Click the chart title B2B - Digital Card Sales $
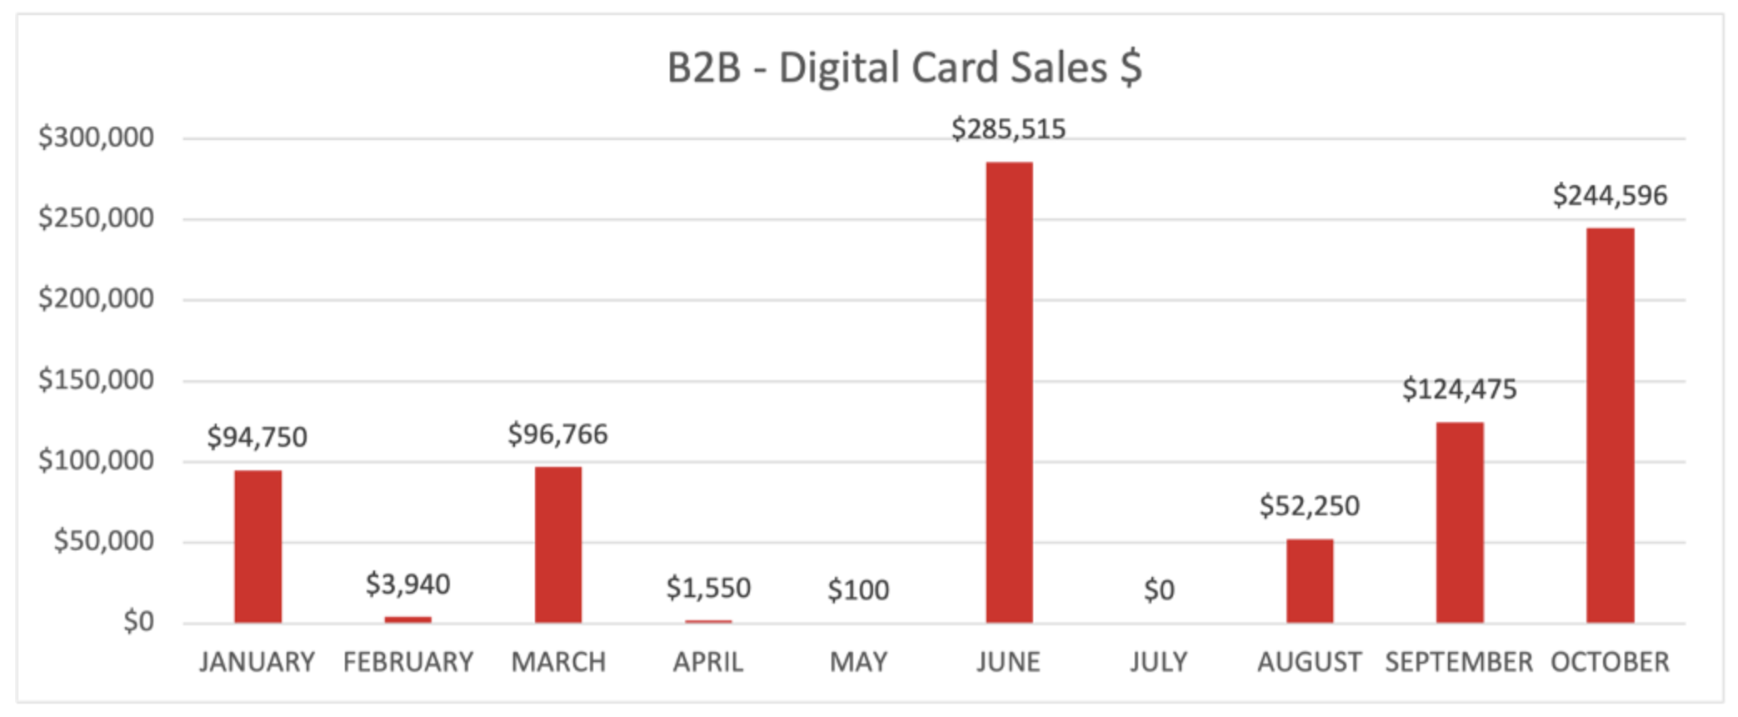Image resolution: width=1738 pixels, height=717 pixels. click(x=904, y=68)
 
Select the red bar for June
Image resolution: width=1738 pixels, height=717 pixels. click(x=1009, y=392)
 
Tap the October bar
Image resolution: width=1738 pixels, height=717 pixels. click(x=1610, y=425)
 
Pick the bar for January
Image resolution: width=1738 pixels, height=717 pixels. click(x=257, y=546)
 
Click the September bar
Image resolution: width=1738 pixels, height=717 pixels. click(x=1460, y=522)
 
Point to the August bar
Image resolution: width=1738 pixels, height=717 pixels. click(x=1309, y=580)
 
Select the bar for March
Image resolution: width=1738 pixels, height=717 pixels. click(x=558, y=544)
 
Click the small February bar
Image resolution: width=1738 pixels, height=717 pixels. click(x=407, y=619)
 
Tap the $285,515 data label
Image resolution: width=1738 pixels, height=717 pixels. click(x=1008, y=129)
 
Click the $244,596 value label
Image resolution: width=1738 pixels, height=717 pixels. click(x=1610, y=196)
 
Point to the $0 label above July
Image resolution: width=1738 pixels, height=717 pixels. click(x=1159, y=590)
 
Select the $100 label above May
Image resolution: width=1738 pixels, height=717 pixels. click(x=858, y=590)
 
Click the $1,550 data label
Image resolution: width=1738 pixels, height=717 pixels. click(x=708, y=589)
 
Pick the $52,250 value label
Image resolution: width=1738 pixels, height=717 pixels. click(x=1309, y=506)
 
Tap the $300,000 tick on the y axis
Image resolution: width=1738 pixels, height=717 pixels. click(x=96, y=138)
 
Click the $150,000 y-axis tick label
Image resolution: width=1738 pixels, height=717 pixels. click(x=96, y=380)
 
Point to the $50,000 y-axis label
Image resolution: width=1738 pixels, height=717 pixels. click(x=103, y=541)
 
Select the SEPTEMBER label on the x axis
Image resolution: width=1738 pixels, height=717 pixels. click(x=1459, y=662)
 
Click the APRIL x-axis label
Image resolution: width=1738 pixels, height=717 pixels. click(x=708, y=662)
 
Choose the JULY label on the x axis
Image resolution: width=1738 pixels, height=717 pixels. click(x=1159, y=662)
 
